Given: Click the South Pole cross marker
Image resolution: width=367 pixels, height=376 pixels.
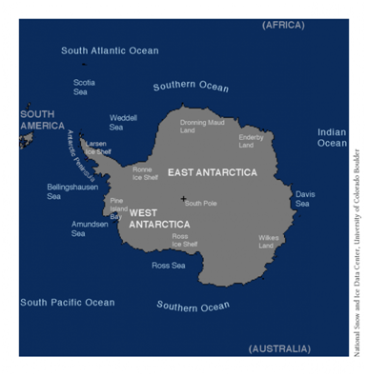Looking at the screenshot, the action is click(x=183, y=199).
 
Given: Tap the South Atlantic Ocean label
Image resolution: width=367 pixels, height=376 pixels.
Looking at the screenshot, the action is click(x=110, y=50).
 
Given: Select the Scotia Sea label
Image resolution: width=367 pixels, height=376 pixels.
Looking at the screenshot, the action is click(x=84, y=87).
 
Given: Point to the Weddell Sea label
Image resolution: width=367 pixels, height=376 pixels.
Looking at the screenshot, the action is click(x=122, y=122).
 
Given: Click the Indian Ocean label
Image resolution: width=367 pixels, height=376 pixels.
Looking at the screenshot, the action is click(x=332, y=137).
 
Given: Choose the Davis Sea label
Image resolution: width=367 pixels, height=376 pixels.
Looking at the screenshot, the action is click(x=304, y=198).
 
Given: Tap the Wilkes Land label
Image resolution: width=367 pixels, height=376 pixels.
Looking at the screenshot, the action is click(x=268, y=241).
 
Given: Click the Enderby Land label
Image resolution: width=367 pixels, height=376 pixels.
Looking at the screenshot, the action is click(x=252, y=141).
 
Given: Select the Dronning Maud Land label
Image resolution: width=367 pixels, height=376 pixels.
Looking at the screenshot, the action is click(x=202, y=126).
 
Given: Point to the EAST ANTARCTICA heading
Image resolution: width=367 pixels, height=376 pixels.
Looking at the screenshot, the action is click(x=212, y=172).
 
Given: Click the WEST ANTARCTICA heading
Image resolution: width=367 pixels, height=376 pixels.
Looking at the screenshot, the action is click(x=158, y=218).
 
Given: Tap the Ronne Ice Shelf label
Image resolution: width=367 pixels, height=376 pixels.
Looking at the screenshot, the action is click(x=144, y=172).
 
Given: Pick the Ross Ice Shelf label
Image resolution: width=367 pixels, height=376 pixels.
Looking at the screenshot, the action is click(x=184, y=240).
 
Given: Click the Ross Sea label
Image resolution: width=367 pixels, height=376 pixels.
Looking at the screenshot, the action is click(x=168, y=266).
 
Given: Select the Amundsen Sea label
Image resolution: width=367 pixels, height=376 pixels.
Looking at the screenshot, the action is click(x=90, y=228).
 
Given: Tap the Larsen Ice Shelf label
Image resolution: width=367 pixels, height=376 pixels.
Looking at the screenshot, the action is click(x=97, y=148).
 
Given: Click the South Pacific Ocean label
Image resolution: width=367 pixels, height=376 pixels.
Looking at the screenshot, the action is click(x=67, y=303).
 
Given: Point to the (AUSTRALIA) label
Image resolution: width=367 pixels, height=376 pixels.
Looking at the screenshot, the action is click(x=279, y=348).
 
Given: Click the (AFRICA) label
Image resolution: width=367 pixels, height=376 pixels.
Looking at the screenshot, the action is click(x=283, y=25).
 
